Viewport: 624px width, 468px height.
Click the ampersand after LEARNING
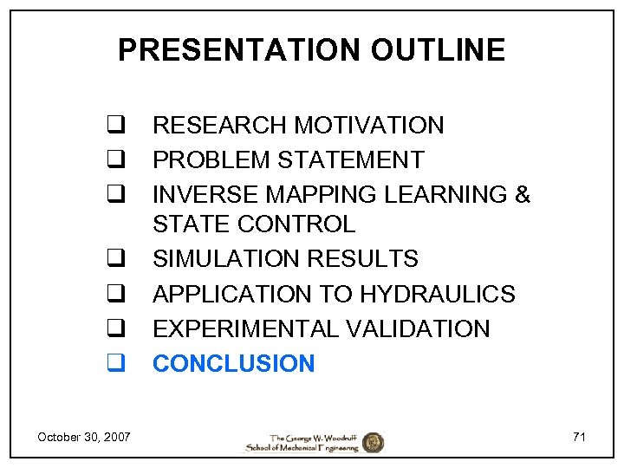pyautogui.click(x=522, y=194)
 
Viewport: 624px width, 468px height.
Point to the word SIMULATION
pyautogui.click(x=225, y=259)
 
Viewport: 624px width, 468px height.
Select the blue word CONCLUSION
pyautogui.click(x=234, y=363)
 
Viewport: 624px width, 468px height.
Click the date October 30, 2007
pyautogui.click(x=84, y=437)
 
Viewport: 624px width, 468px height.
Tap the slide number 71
pyautogui.click(x=579, y=437)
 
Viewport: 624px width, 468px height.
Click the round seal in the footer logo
pyautogui.click(x=373, y=442)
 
